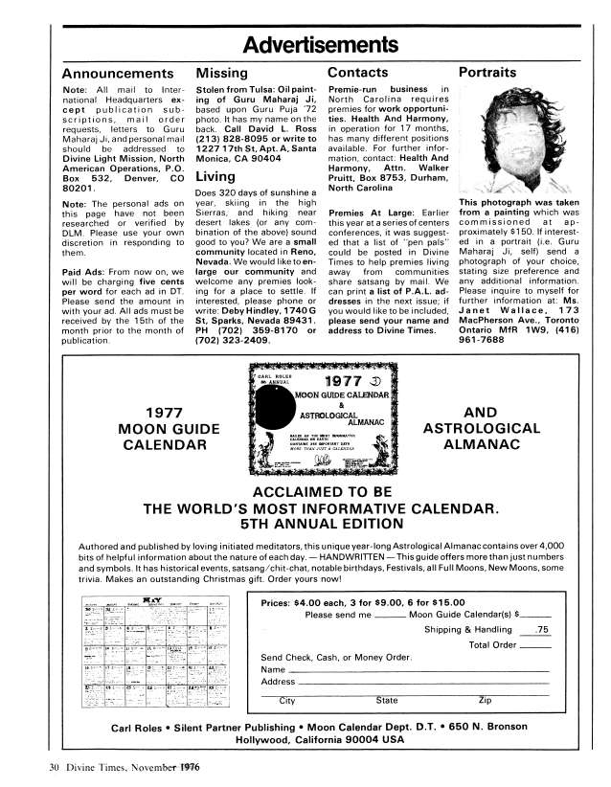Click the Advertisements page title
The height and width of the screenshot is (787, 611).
[305, 44]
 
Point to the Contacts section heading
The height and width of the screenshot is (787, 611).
[357, 73]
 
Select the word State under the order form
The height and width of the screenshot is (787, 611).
[387, 701]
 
